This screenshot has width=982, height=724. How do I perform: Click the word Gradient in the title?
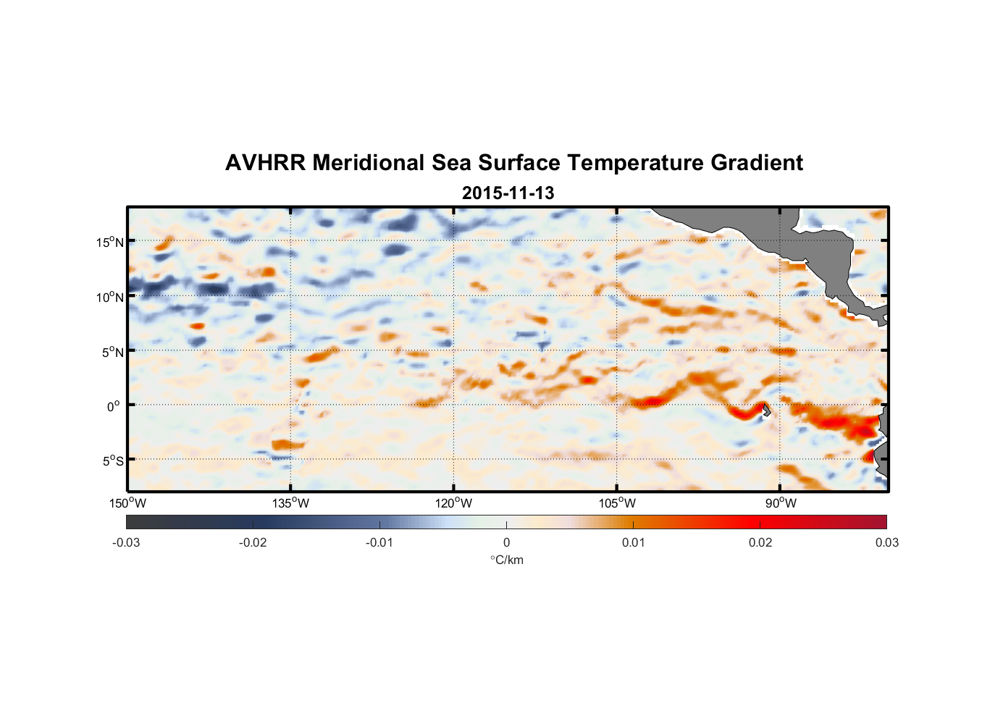point(757,163)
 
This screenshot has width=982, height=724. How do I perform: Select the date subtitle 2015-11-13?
point(508,193)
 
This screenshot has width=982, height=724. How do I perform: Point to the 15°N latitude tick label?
point(110,242)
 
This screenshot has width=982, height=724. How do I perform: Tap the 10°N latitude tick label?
point(110,297)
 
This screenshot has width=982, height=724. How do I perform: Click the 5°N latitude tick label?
point(112,352)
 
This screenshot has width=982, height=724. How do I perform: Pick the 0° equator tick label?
point(114,406)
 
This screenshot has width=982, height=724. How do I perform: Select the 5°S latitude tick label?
point(112,461)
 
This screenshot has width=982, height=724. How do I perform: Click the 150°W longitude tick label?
point(127,503)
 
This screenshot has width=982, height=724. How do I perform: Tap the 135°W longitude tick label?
point(290,503)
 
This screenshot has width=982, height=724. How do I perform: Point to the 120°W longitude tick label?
point(453,503)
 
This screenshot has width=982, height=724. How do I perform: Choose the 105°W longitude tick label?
point(617,503)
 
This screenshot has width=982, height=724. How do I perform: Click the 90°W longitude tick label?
point(781,503)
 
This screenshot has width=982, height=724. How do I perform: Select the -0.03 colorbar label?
point(126,543)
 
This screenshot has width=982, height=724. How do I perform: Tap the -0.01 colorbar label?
point(379,543)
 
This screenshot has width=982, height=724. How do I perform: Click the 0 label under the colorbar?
point(506,543)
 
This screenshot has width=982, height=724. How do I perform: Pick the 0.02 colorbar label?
point(760,543)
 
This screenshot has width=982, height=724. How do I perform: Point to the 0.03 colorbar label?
point(886,543)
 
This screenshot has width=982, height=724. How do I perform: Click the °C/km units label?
point(506,560)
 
